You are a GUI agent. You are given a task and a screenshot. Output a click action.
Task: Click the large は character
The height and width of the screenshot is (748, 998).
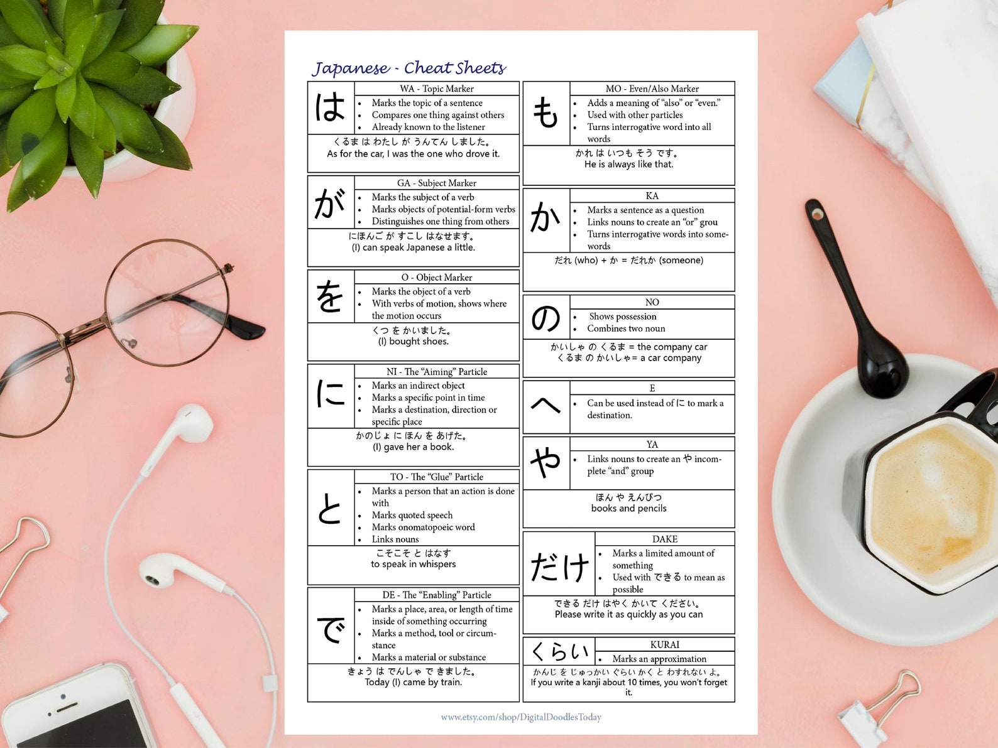(331, 107)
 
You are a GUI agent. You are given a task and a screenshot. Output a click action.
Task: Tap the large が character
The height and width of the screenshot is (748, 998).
(331, 203)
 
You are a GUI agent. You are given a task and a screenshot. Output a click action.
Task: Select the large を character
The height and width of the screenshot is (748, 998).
(331, 297)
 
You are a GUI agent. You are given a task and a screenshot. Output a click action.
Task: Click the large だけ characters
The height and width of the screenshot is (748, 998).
(559, 566)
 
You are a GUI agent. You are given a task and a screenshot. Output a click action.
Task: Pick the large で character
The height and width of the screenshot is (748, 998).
(331, 628)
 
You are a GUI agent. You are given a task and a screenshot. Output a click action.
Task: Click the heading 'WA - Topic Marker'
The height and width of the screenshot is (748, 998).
(437, 89)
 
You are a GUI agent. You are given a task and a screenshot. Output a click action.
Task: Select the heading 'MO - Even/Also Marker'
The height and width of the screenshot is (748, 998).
(652, 89)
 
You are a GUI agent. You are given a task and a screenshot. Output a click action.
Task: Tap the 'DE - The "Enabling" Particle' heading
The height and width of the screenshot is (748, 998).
(437, 595)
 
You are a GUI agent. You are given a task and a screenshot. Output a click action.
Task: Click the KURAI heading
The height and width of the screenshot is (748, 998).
(665, 644)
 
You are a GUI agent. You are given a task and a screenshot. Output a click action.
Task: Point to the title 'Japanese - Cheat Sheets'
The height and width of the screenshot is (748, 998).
(409, 68)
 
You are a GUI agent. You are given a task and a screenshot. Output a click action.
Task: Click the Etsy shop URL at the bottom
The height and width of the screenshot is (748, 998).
(521, 717)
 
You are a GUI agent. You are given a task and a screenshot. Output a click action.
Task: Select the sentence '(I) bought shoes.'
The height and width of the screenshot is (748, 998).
(413, 342)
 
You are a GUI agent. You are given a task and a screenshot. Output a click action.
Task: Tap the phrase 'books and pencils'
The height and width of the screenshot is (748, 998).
(628, 508)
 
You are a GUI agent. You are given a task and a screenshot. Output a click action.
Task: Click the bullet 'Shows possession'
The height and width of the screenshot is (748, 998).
(622, 317)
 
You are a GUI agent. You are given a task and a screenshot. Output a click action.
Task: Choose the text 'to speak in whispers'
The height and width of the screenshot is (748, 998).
(413, 564)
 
